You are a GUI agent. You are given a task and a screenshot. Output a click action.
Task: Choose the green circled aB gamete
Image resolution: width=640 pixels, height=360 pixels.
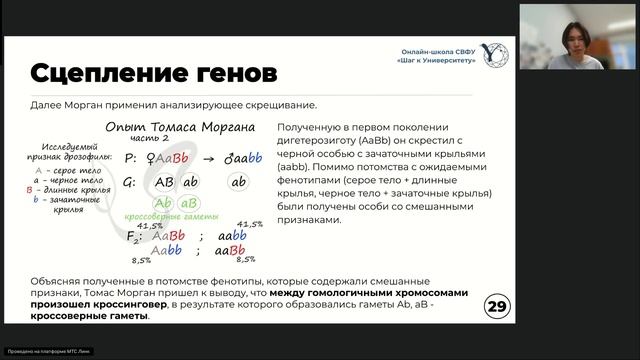[189, 203]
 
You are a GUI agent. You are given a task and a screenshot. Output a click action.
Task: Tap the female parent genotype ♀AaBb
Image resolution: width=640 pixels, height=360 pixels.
[166, 158]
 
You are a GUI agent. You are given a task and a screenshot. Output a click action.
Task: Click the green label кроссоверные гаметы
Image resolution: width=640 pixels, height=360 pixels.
[172, 217]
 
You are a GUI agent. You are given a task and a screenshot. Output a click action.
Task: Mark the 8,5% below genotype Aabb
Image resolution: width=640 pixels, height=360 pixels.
[142, 261]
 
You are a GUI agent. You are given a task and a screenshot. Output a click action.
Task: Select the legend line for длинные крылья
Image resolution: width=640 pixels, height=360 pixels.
[71, 189]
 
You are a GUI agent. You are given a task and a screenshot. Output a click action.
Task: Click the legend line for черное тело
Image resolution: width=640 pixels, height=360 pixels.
[70, 180]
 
